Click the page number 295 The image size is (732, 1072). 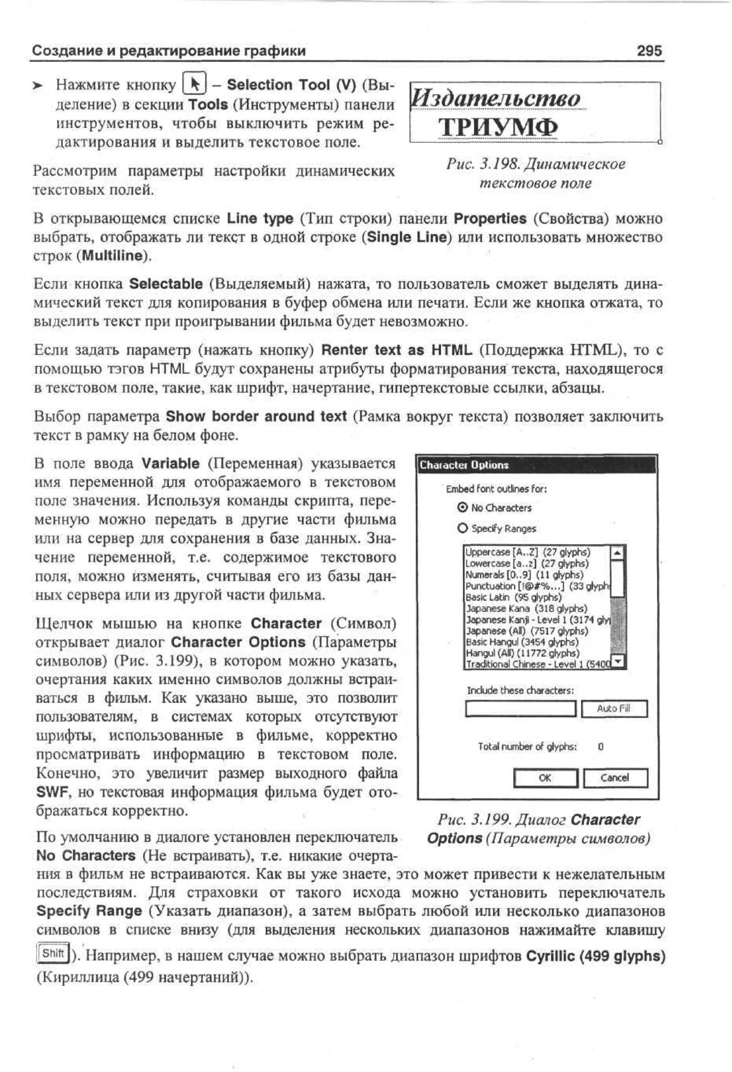coord(649,50)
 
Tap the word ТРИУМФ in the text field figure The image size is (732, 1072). coord(498,127)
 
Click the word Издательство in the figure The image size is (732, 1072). coord(496,99)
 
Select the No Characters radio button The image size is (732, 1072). coord(463,507)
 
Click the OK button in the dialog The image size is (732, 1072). coord(545,778)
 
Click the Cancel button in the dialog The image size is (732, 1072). coord(615,778)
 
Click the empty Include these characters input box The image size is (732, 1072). coord(520,708)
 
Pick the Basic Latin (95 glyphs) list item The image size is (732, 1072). coord(513,597)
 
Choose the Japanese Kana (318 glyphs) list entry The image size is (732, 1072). coord(526,608)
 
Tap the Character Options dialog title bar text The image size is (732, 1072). coord(464,465)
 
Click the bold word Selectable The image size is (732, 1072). coord(166,284)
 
